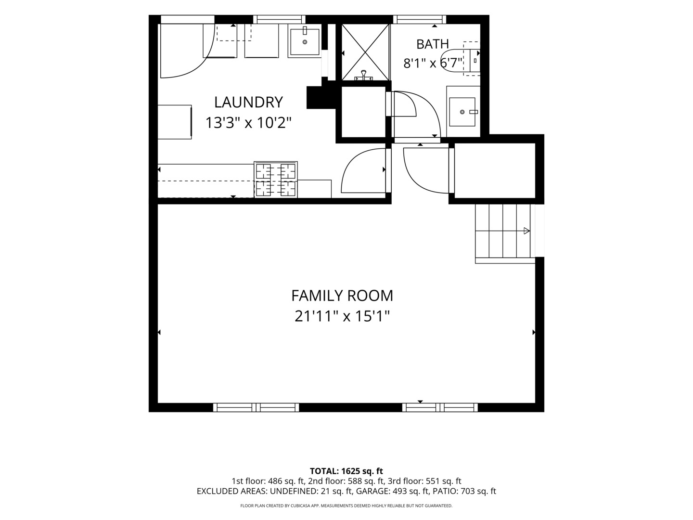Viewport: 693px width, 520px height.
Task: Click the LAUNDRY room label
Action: click(x=248, y=102)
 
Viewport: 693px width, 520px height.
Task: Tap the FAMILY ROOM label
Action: click(x=342, y=296)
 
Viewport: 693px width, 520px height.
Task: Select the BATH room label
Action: click(x=433, y=44)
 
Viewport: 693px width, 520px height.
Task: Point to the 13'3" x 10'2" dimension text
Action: click(x=248, y=122)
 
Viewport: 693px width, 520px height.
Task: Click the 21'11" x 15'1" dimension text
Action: click(x=342, y=316)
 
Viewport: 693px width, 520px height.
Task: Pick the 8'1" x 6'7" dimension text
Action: click(x=433, y=63)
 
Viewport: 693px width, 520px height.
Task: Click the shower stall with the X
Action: click(x=365, y=52)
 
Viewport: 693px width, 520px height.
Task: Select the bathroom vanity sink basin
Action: click(x=462, y=112)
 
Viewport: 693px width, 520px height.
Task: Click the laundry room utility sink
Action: click(x=305, y=42)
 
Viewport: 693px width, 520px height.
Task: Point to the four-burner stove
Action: click(x=276, y=180)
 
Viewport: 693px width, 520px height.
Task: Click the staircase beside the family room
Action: click(x=505, y=234)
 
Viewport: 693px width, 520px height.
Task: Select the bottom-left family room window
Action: click(x=256, y=407)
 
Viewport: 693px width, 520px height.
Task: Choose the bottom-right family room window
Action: click(x=440, y=407)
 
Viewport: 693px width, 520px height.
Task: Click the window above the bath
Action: click(x=420, y=19)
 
